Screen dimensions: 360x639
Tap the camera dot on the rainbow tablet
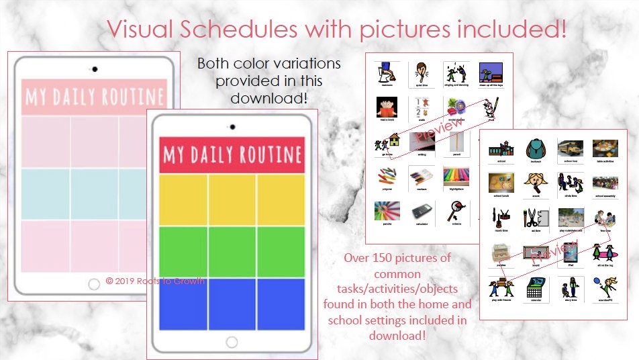tap(232, 126)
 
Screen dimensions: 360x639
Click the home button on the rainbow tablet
tap(232, 342)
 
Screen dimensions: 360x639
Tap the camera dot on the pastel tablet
tap(94, 69)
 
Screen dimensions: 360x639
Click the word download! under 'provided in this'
tap(268, 98)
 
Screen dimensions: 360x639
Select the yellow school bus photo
tap(569, 150)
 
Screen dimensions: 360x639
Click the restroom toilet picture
tap(387, 72)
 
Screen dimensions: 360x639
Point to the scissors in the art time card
tap(534, 218)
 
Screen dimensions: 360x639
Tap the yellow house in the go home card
tap(394, 140)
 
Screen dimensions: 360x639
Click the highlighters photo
tap(455, 177)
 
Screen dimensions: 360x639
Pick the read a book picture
tap(387, 107)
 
